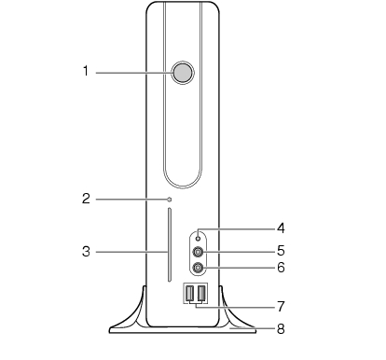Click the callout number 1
(x=86, y=71)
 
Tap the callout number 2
(x=86, y=199)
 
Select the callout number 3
(x=86, y=252)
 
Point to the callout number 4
(x=281, y=228)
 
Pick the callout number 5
(x=281, y=251)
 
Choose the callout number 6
(x=281, y=268)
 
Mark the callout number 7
(x=281, y=307)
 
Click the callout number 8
(x=281, y=328)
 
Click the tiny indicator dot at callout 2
(x=170, y=199)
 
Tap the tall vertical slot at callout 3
(x=170, y=245)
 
